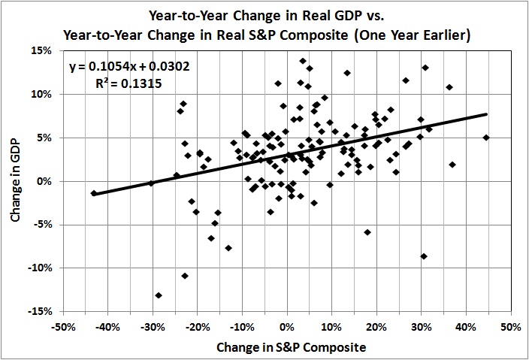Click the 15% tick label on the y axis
41,50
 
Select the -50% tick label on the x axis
62,328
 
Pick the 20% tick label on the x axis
376,328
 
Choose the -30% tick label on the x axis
152,328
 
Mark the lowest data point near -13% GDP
159,295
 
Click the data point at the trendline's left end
94,193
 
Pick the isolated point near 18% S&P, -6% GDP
367,232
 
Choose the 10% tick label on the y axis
41,94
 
